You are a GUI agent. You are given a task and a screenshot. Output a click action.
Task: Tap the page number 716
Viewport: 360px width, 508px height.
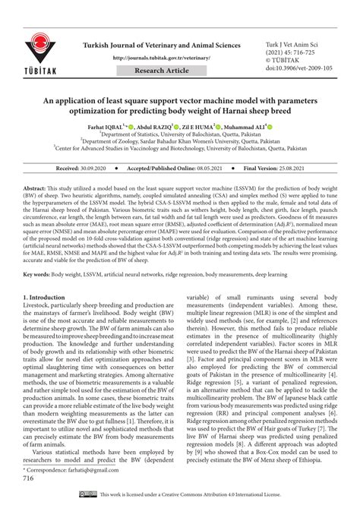point(29,478)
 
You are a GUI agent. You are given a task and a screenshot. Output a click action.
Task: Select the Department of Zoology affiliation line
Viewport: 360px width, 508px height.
point(179,140)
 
